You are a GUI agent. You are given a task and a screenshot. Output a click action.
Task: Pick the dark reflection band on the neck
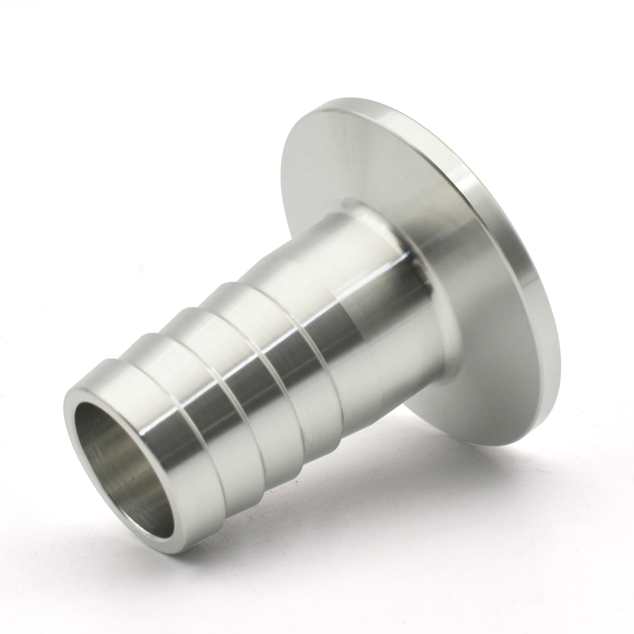[342, 330]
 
